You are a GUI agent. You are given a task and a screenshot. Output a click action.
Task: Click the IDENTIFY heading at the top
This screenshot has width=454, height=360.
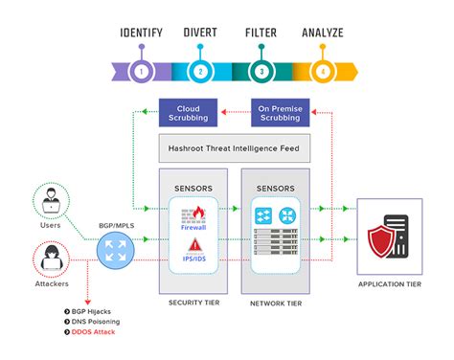(x=142, y=33)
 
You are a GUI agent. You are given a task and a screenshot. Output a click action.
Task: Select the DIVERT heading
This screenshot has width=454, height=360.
(x=199, y=33)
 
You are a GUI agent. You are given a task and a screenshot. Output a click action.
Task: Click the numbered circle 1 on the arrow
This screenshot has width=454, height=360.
(x=142, y=71)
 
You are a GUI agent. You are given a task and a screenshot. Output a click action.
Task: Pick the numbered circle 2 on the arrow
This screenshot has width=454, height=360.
(x=200, y=71)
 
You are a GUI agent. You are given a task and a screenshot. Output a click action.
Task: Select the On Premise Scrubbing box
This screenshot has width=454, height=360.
(x=284, y=112)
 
